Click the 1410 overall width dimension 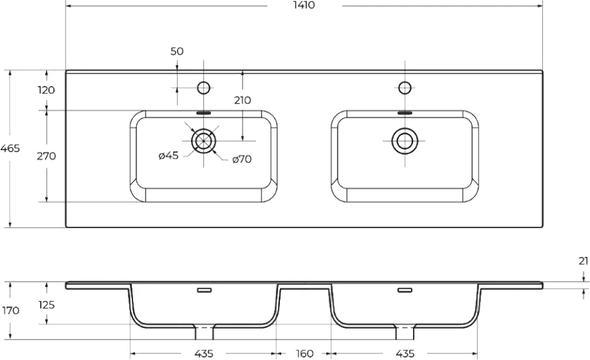(305, 5)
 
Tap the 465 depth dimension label (10, 148)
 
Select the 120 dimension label (47, 90)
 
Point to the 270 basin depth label (47, 156)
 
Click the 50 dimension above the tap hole (177, 51)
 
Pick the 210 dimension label (243, 100)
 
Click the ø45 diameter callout (168, 155)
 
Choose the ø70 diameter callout (242, 159)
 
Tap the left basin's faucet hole (204, 88)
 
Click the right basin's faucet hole (405, 88)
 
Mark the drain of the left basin (204, 141)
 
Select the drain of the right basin (405, 141)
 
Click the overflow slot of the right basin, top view (405, 113)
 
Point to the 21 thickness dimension (583, 261)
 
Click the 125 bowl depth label (47, 305)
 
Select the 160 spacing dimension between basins (304, 353)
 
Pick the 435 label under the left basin (204, 353)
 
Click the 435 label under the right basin (405, 353)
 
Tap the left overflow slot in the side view (205, 290)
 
